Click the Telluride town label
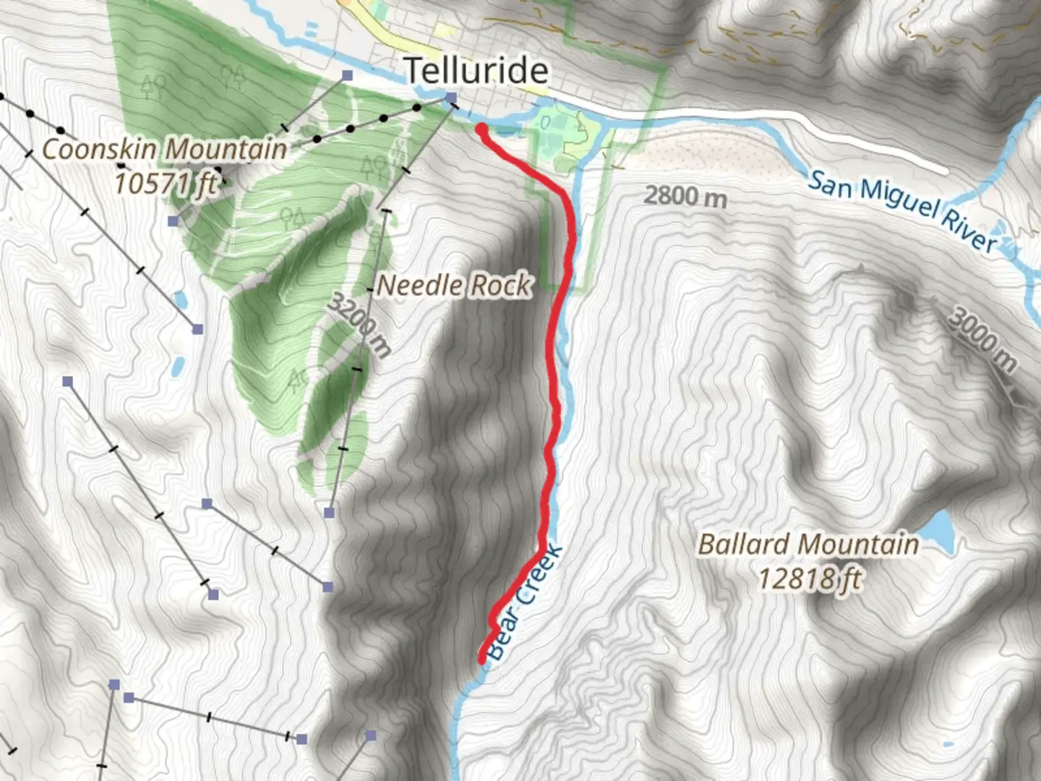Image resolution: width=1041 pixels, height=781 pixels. tap(476, 71)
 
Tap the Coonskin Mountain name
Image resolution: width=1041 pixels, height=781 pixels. tap(165, 150)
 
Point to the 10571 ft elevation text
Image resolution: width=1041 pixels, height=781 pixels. tap(165, 182)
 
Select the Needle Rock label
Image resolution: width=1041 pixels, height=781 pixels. tap(454, 285)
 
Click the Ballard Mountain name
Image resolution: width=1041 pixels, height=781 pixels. tap(807, 544)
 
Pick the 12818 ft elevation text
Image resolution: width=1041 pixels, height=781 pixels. tap(809, 579)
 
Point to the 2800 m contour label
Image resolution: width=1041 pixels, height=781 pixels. tap(685, 196)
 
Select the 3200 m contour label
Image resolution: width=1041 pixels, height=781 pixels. tap(359, 325)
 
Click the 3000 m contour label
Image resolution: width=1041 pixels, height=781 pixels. tap(982, 339)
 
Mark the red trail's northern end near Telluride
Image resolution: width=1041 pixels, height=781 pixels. tap(481, 129)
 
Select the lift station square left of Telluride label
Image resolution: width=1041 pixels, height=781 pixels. tap(348, 75)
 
